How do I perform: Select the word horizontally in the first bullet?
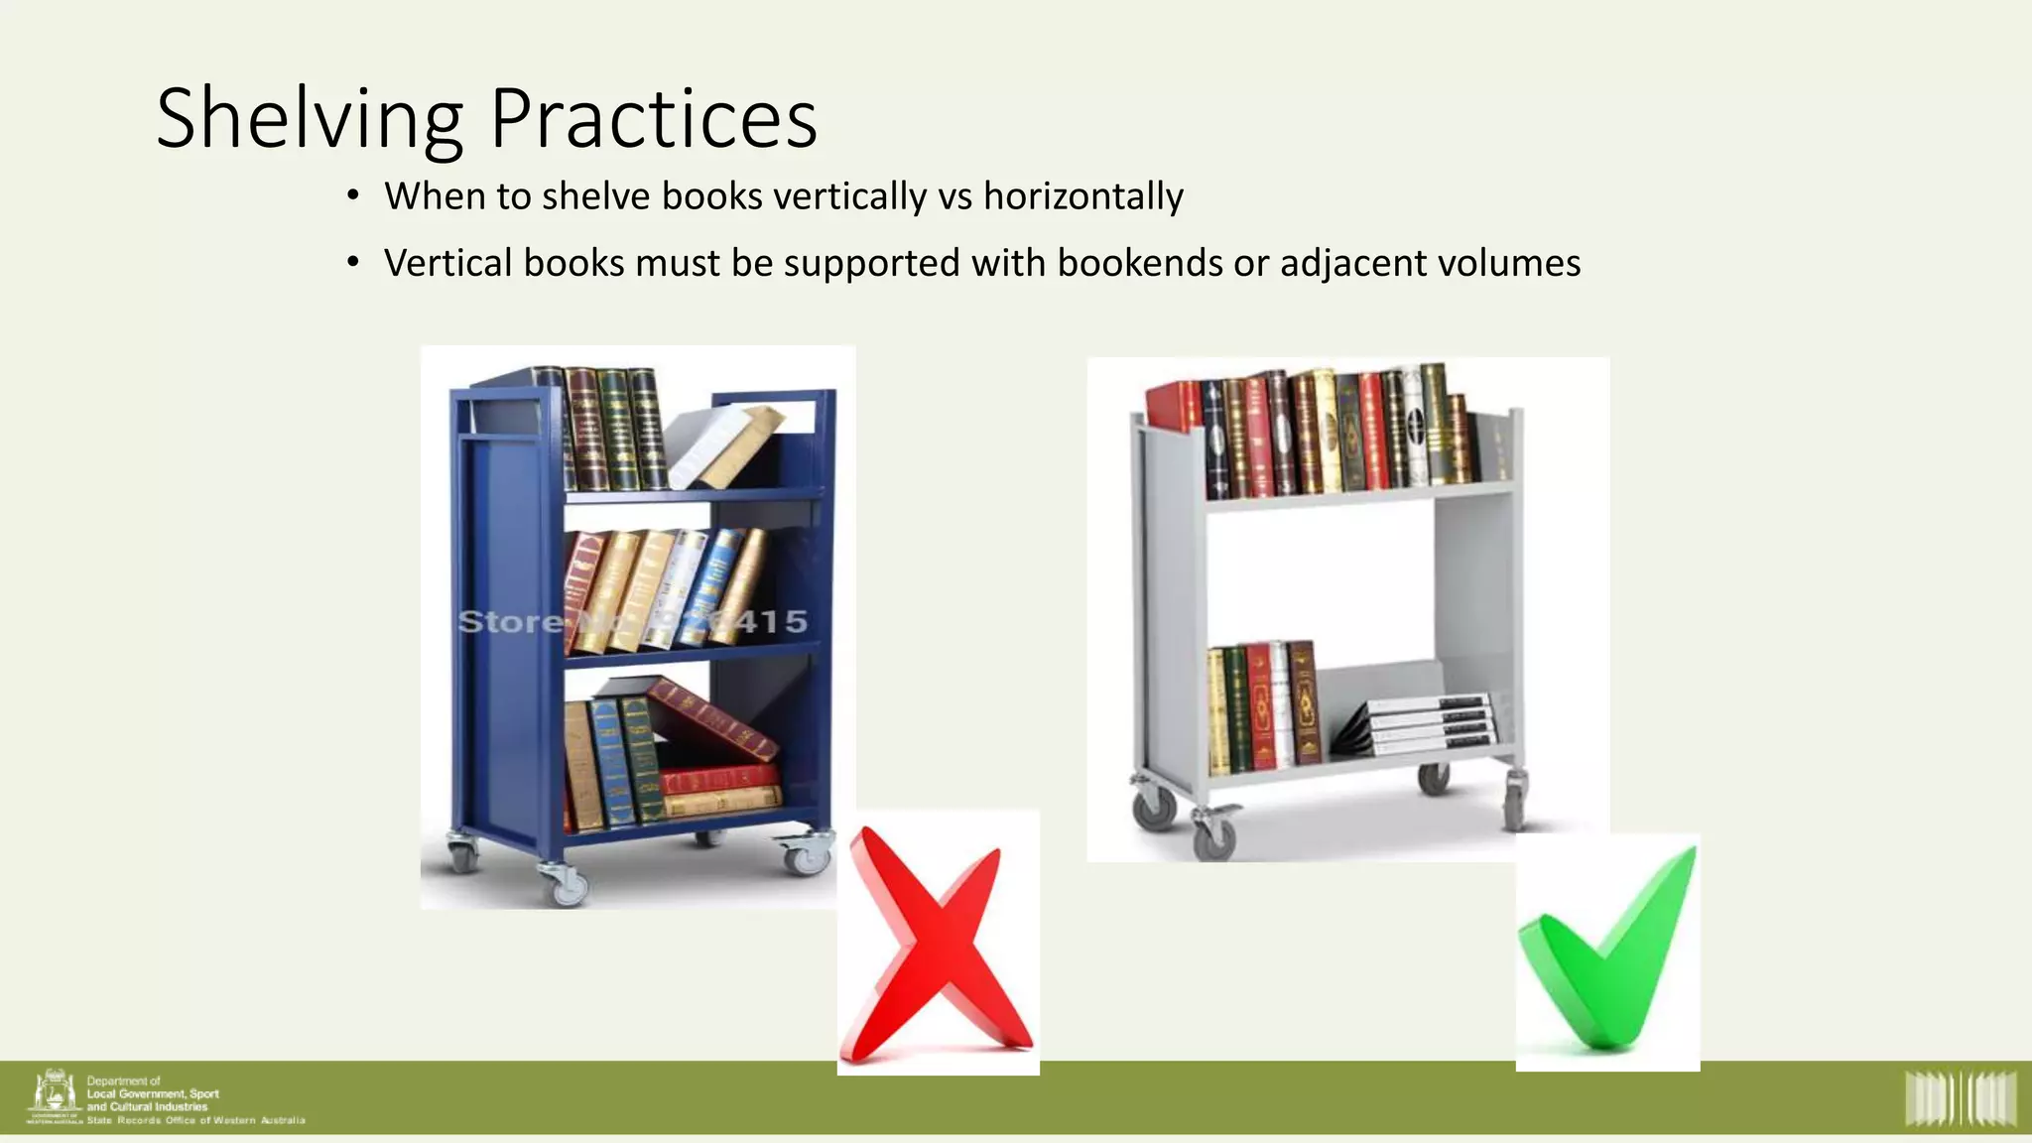(x=1082, y=196)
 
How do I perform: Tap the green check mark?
(x=1607, y=952)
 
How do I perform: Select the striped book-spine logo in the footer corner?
(x=1961, y=1098)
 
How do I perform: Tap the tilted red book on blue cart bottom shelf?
(x=712, y=718)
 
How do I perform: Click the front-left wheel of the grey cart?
(x=1212, y=836)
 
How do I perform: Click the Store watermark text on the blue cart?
(x=510, y=622)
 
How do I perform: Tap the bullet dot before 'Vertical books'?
(x=353, y=263)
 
